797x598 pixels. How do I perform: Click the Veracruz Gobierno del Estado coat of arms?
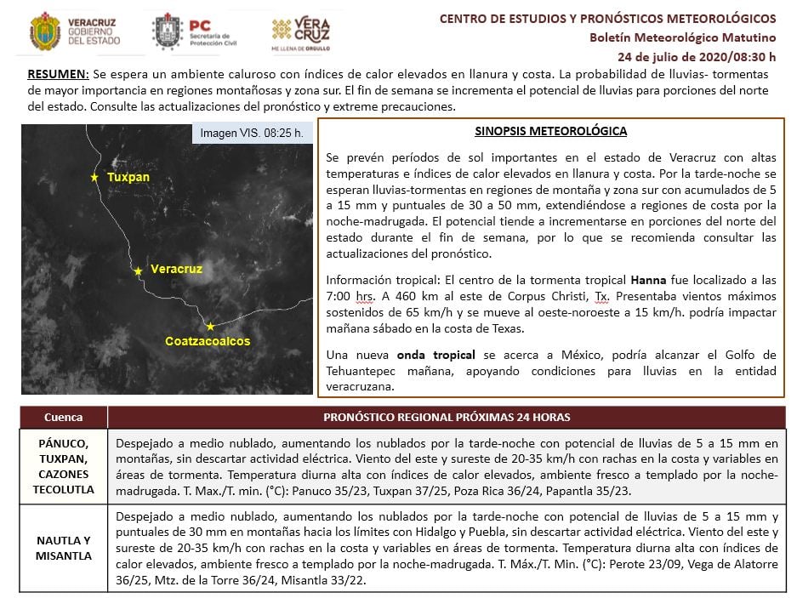(45, 31)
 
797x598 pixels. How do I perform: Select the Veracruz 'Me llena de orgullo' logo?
(300, 33)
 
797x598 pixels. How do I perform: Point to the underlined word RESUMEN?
(58, 75)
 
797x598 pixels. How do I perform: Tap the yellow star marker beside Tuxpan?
(94, 177)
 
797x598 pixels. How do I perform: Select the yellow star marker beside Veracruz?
(138, 271)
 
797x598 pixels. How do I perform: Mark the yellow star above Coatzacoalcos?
(210, 326)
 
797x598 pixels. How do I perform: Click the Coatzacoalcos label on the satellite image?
(208, 341)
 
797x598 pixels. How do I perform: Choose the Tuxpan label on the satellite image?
(128, 177)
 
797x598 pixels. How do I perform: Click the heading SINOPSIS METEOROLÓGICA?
(550, 132)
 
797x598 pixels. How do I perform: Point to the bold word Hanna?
(647, 279)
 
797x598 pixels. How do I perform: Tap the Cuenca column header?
(64, 418)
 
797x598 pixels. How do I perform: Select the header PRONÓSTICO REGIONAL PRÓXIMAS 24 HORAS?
(447, 418)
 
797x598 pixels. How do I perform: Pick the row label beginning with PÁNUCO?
(63, 466)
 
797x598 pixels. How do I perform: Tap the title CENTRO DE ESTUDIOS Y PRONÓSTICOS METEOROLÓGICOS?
(607, 18)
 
